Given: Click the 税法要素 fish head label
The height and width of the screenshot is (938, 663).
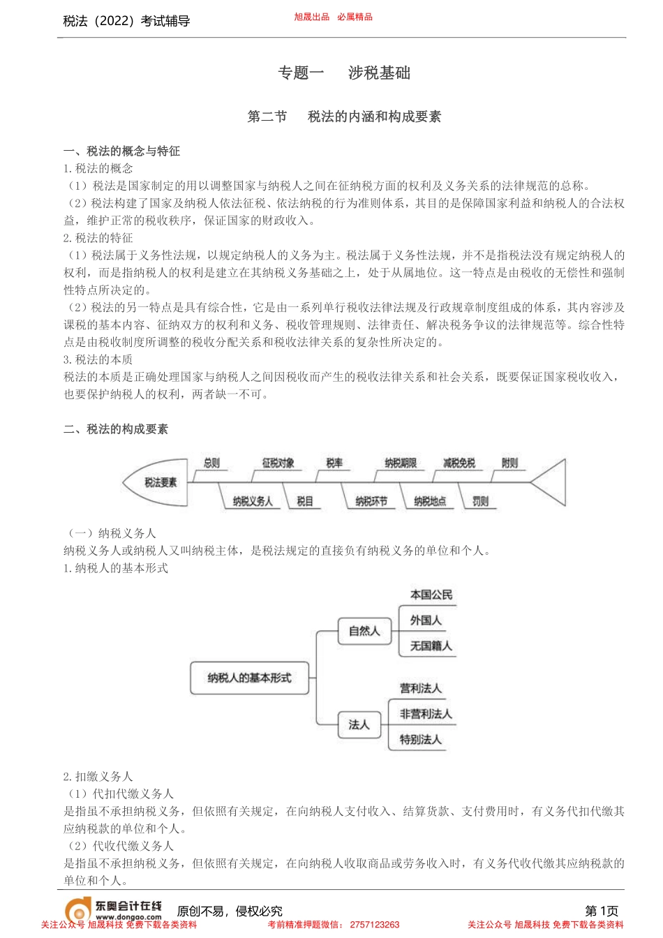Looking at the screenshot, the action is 161,482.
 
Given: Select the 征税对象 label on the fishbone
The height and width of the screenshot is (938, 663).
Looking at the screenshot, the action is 278,463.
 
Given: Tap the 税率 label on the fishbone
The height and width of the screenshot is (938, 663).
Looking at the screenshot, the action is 334,463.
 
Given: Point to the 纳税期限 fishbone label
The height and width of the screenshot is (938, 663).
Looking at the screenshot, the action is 400,463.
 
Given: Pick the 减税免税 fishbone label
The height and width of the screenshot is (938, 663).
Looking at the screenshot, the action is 459,463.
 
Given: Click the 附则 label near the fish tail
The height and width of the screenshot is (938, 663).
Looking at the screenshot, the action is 509,463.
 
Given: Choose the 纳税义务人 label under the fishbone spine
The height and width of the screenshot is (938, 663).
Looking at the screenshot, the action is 253,501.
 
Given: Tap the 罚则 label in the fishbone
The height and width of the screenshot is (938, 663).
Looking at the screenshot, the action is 480,501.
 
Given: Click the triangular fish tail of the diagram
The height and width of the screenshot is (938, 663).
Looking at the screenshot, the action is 551,482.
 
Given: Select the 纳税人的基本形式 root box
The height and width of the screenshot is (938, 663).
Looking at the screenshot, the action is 249,678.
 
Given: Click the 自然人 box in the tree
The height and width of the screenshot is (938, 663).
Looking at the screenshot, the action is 364,631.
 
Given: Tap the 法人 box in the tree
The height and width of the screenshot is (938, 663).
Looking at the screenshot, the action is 359,724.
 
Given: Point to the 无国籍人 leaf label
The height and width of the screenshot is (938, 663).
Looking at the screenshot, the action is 431,646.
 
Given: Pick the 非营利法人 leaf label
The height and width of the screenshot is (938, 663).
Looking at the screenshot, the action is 426,714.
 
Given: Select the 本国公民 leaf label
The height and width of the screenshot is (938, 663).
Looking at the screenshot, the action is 431,595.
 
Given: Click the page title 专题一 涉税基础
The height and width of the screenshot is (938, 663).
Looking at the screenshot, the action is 344,73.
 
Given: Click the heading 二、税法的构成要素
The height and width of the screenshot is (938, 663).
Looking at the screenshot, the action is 116,429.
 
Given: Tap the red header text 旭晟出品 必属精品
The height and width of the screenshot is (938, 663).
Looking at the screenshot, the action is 333,17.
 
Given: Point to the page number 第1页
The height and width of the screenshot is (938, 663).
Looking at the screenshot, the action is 602,911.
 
